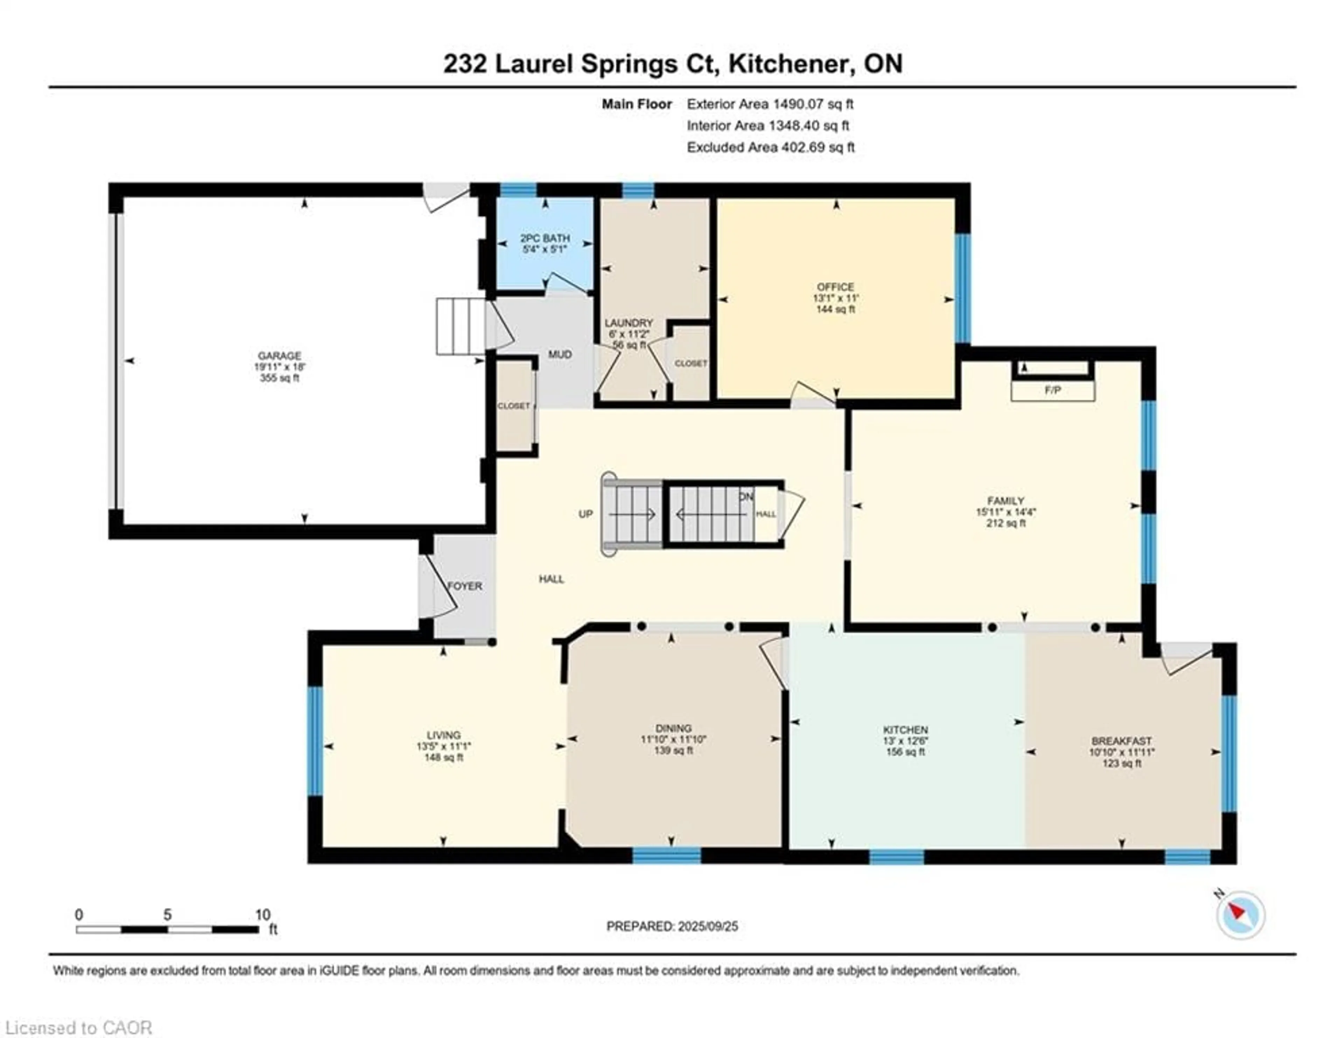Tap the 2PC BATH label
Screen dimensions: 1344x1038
pyautogui.click(x=545, y=238)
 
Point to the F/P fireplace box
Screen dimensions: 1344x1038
pyautogui.click(x=1052, y=390)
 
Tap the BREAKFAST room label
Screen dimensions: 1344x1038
pyautogui.click(x=1121, y=741)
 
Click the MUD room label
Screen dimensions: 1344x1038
pyautogui.click(x=560, y=355)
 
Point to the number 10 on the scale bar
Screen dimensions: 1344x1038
pyautogui.click(x=263, y=915)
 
